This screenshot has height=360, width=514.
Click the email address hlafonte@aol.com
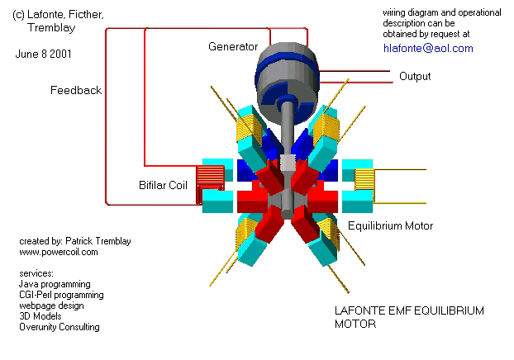428,48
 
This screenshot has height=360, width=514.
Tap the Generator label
232,46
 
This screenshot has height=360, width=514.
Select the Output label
415,76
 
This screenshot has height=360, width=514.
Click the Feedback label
76,90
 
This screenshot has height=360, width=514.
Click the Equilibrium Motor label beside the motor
390,225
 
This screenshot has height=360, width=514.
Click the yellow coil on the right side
364,181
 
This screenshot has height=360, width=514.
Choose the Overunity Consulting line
59,327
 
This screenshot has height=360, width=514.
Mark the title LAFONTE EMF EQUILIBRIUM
408,310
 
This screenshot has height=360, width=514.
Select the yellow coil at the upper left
246,128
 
